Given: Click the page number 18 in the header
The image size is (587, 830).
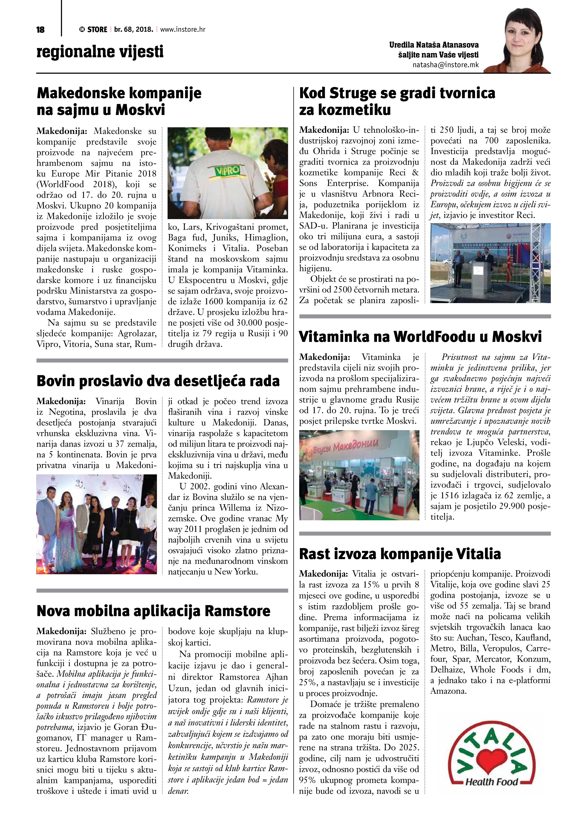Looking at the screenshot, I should click(x=40, y=30).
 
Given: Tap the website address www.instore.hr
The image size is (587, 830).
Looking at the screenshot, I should click(x=183, y=29).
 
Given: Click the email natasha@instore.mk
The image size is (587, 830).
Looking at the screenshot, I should click(x=446, y=65).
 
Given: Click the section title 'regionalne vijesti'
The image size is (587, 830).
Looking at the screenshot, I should click(x=100, y=52).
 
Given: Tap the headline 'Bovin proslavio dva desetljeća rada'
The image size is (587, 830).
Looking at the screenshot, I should click(x=158, y=381).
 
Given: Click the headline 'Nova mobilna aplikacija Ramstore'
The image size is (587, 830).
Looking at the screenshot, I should click(x=153, y=611).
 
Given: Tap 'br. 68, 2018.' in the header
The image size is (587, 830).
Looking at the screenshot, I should click(x=133, y=29).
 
